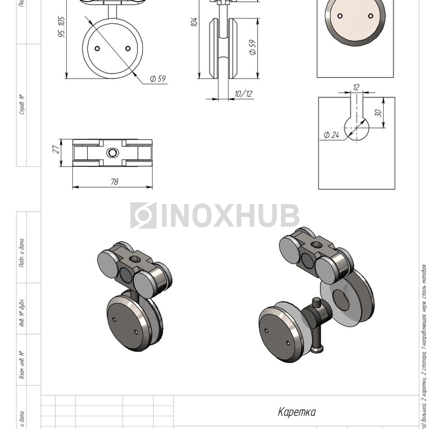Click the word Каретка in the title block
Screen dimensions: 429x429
click(297, 412)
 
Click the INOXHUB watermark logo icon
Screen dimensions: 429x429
click(143, 216)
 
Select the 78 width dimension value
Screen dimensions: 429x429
click(114, 182)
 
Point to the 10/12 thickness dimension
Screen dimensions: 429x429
click(243, 93)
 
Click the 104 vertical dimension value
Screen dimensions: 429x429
click(194, 21)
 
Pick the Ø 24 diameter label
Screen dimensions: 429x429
click(330, 135)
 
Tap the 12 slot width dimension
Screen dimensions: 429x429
click(356, 88)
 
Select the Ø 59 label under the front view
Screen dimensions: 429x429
click(158, 78)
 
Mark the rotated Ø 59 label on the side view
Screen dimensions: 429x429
click(252, 48)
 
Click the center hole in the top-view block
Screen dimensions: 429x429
click(113, 152)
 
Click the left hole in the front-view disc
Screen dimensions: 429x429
click(97, 48)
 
